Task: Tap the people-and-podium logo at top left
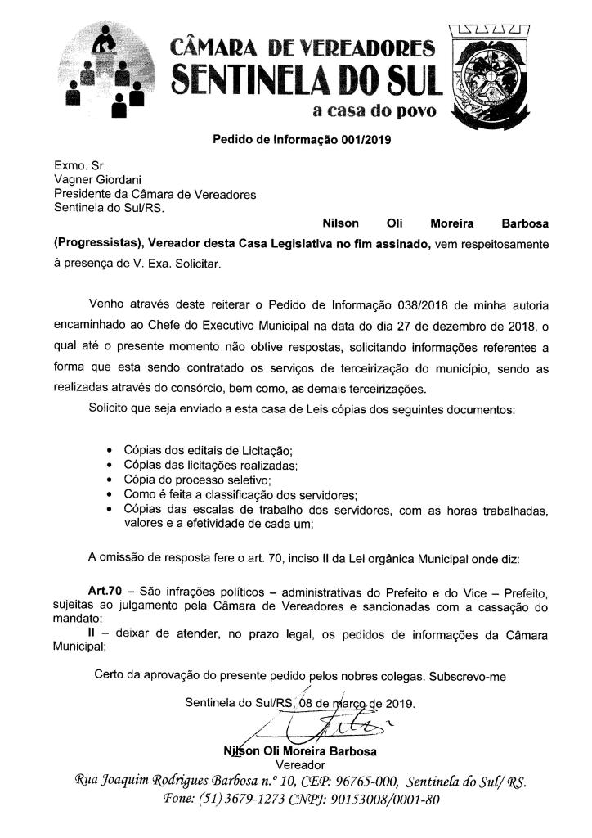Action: pos(108,72)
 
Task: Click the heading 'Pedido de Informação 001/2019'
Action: pos(303,138)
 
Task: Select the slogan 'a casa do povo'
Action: pos(375,110)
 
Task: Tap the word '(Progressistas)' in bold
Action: pos(95,243)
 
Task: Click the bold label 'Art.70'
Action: pos(105,590)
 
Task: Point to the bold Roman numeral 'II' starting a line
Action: pos(92,633)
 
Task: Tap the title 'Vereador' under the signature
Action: pos(301,764)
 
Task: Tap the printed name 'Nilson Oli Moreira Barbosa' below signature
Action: pos(299,750)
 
